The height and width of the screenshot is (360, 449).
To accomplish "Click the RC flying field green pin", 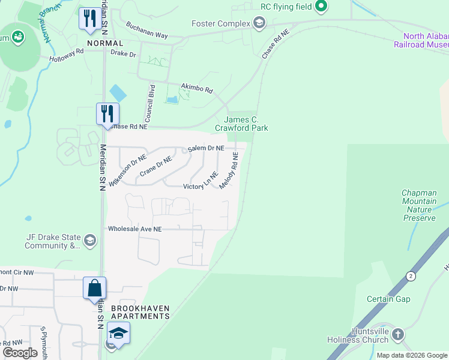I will coord(321,7).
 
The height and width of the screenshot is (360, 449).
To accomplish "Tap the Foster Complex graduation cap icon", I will coord(259,23).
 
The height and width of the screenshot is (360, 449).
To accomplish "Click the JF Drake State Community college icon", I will coord(90,241).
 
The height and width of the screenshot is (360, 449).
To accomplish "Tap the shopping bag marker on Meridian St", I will coord(95,287).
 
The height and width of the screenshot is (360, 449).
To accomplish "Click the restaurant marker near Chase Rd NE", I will coord(108,113).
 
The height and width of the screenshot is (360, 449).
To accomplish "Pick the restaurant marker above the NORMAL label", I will coord(90,18).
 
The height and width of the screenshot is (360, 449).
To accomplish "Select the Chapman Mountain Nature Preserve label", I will coord(419,206).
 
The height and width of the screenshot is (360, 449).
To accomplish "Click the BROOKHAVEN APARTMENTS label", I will coord(140,312).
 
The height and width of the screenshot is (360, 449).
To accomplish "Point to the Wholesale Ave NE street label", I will coord(135,229).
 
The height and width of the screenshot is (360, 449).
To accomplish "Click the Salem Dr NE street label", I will coord(206,148).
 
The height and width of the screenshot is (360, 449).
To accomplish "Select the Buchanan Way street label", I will coord(146,31).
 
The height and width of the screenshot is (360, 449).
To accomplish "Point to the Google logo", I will coord(20,353).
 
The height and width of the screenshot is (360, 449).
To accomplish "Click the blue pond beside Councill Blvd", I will coord(118,93).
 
